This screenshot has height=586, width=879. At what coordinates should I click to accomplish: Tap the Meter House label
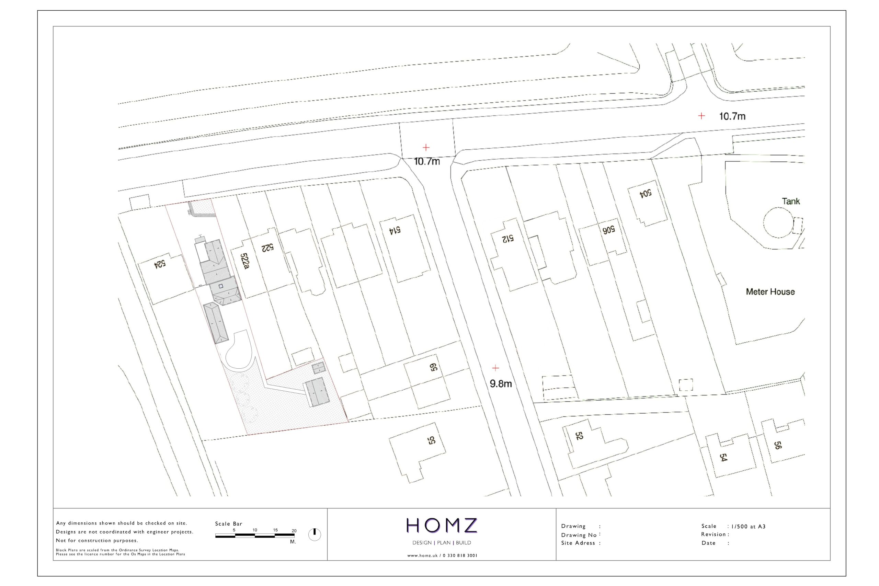[x=770, y=292]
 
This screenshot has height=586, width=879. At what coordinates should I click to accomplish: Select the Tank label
[x=791, y=202]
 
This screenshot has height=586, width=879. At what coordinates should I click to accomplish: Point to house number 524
[x=160, y=264]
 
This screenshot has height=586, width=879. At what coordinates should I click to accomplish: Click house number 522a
[x=244, y=261]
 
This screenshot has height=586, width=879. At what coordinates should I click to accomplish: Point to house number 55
[x=432, y=440]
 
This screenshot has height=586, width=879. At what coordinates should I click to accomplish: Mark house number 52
[x=579, y=436]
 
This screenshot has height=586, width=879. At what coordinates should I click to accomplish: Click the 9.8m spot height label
[x=501, y=384]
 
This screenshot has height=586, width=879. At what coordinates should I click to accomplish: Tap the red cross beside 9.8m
[x=495, y=368]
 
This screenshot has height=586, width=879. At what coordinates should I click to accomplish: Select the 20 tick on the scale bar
[x=294, y=531]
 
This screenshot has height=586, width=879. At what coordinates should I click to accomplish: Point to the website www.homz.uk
[x=422, y=556]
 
